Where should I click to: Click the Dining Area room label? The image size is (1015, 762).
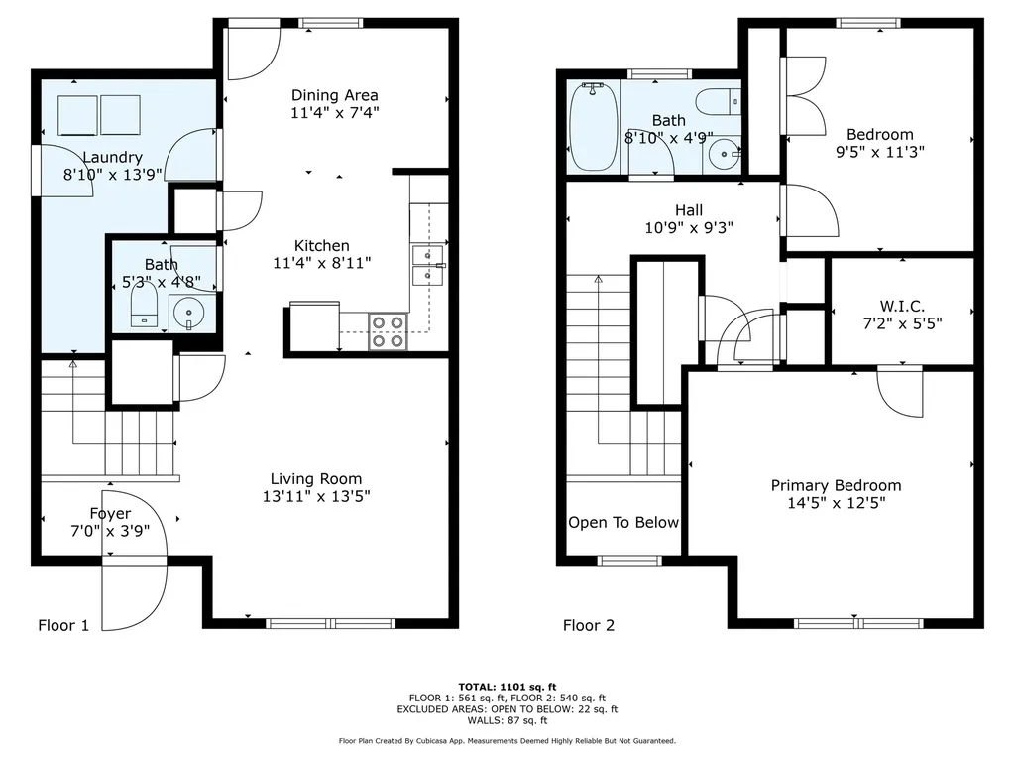(x=335, y=95)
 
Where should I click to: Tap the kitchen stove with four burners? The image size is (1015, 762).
(x=388, y=331)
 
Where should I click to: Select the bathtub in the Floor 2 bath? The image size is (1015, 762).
(x=593, y=126)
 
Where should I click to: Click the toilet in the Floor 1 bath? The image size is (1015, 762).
(x=145, y=307)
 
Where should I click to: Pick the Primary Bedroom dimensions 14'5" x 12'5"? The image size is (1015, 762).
(x=837, y=503)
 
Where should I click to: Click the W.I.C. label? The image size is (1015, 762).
(x=902, y=306)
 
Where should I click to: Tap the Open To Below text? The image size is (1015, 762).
(x=623, y=522)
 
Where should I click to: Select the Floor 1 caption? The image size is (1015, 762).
(x=63, y=625)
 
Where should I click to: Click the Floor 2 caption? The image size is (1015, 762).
(x=589, y=625)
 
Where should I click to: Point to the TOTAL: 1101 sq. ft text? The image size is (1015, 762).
(x=507, y=687)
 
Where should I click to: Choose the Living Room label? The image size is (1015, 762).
(x=316, y=479)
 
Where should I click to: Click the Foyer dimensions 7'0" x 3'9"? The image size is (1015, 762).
(x=110, y=531)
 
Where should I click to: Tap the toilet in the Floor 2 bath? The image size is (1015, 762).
(x=718, y=102)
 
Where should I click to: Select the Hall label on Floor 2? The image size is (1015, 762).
(x=689, y=210)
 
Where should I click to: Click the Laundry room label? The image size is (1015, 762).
(x=113, y=157)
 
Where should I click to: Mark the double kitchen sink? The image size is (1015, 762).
(x=428, y=265)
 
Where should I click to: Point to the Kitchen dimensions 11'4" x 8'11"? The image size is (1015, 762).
(x=322, y=263)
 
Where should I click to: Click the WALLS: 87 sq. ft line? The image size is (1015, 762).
(x=507, y=720)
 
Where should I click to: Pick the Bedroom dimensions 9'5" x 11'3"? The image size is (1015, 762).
(x=880, y=152)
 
